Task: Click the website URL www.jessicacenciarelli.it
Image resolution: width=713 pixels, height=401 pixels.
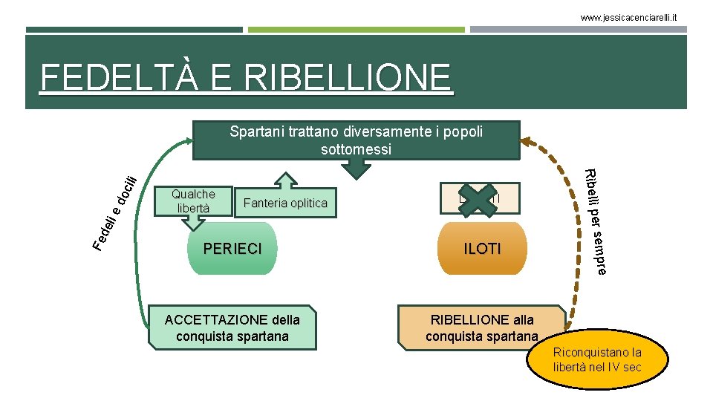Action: [x=629, y=16]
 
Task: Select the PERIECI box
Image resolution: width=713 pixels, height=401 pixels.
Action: [x=232, y=249]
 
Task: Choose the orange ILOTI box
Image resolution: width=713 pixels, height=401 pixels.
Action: [x=482, y=249]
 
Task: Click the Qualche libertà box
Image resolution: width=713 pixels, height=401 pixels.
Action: [x=193, y=200]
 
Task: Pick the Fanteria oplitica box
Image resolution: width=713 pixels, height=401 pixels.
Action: [x=285, y=203]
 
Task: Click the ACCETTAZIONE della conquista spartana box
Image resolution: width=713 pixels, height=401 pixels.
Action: [x=232, y=327]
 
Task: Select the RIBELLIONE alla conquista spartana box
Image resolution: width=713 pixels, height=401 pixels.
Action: [x=481, y=327]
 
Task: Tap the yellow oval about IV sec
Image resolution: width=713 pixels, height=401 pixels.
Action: [x=596, y=360]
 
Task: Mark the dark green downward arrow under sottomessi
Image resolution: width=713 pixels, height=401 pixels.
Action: [x=359, y=169]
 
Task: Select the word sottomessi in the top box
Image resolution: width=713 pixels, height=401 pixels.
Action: [x=356, y=149]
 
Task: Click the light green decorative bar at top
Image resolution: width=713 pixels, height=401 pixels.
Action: [x=356, y=30]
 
